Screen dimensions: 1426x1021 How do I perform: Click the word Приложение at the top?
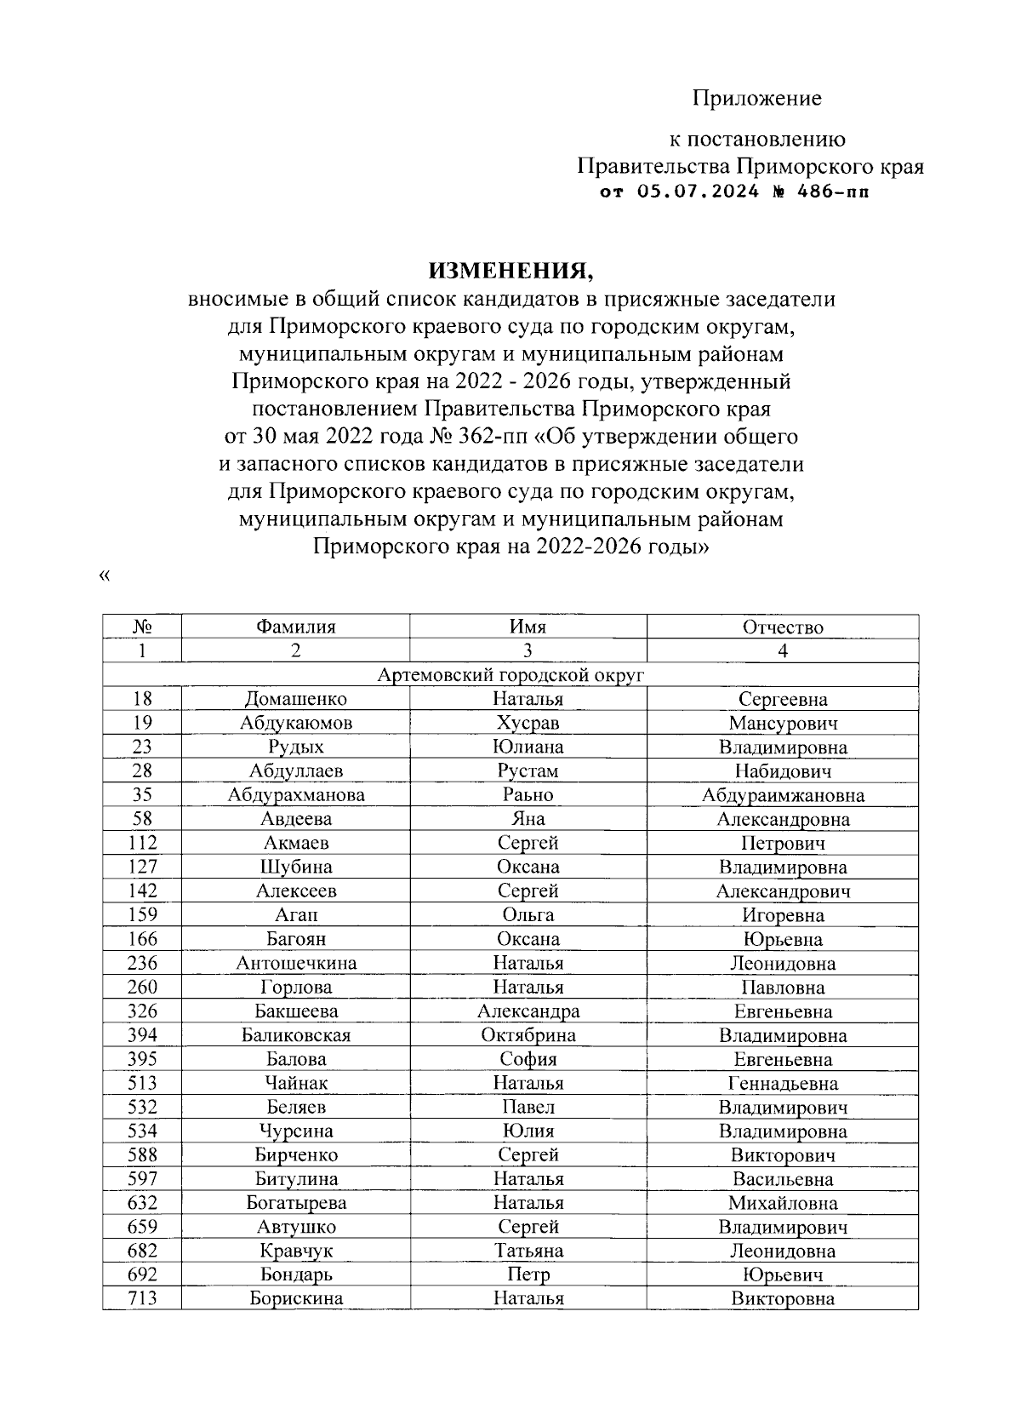point(756,99)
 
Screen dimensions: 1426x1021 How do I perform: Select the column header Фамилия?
point(295,627)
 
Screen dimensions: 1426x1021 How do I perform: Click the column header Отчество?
point(783,627)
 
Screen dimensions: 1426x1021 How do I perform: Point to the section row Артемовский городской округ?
point(510,675)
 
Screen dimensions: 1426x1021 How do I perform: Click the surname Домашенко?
point(295,699)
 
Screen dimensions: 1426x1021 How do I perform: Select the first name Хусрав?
point(528,723)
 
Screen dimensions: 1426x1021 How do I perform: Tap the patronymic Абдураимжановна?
point(783,795)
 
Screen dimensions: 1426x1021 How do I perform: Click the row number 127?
point(142,867)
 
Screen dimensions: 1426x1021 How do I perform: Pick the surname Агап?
point(295,915)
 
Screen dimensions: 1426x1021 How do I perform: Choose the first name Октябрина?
point(528,1035)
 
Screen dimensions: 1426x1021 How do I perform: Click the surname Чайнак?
point(295,1083)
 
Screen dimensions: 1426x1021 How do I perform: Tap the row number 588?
point(142,1155)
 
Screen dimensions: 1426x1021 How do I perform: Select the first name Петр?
point(528,1274)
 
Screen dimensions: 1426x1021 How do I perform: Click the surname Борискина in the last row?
point(295,1298)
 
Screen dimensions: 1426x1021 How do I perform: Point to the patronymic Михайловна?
point(783,1203)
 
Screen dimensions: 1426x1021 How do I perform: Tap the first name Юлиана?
point(528,747)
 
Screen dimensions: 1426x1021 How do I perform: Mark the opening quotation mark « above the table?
point(105,576)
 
